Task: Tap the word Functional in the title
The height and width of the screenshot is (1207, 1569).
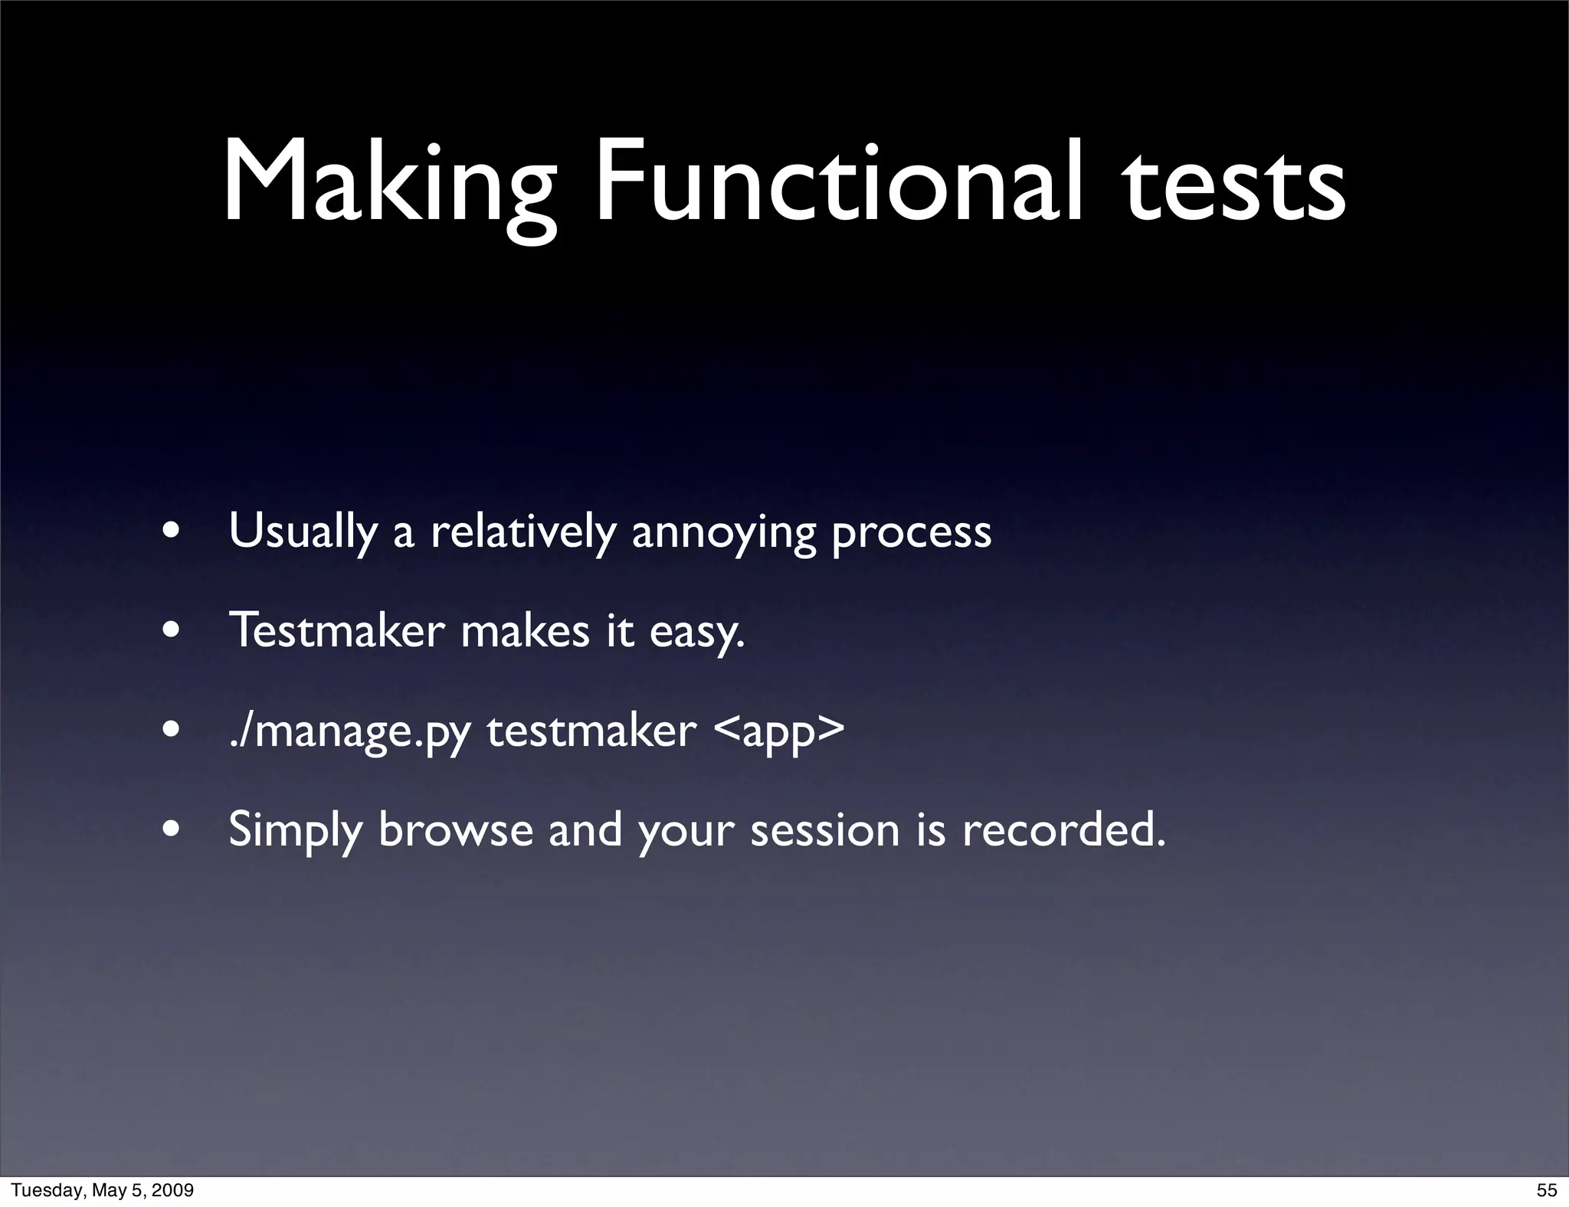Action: click(839, 184)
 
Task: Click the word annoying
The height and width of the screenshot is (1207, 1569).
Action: click(723, 533)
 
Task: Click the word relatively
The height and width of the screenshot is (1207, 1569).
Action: click(522, 532)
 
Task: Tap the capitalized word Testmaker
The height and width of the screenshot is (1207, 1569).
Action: click(336, 631)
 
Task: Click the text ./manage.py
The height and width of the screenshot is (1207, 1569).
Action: click(349, 732)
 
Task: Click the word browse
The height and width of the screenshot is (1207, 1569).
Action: click(455, 830)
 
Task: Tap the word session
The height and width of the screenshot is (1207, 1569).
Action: click(824, 830)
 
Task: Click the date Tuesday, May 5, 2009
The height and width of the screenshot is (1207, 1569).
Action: click(102, 1190)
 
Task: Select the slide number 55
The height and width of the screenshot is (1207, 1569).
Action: click(1547, 1190)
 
